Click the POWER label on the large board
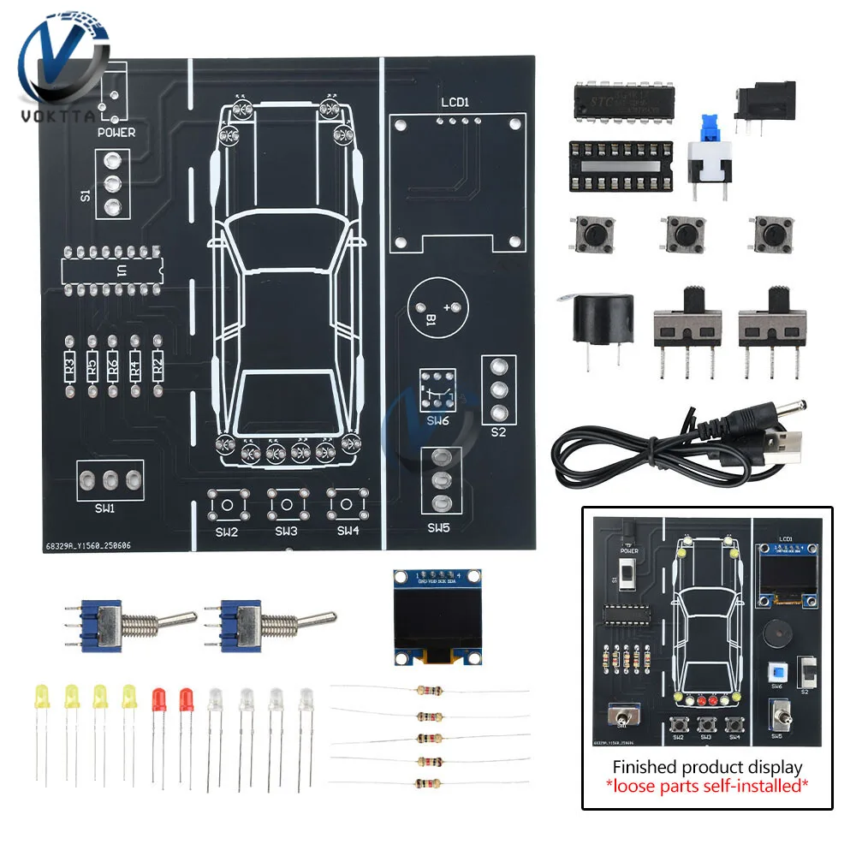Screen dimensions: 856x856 point(116,133)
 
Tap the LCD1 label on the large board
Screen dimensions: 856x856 point(455,103)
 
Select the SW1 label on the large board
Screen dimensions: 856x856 point(104,508)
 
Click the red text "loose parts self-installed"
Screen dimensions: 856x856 point(708,784)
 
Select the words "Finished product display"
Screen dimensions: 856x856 point(708,766)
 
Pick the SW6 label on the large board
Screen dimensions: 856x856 point(437,421)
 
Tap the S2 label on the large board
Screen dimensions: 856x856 point(498,432)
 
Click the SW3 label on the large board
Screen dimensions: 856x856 point(286,531)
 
